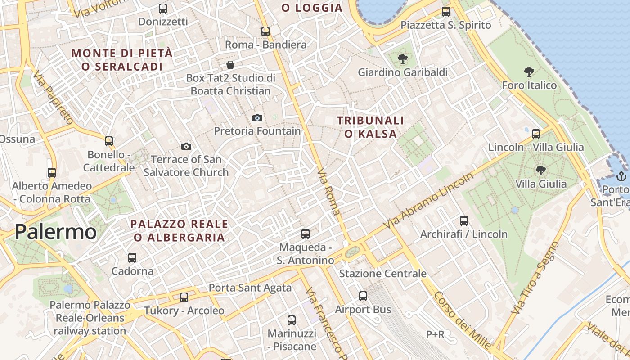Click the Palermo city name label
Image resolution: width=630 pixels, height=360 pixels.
[55, 232]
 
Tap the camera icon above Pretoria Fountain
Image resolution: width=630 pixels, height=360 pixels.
[257, 118]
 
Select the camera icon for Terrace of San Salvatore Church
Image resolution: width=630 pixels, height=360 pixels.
[186, 146]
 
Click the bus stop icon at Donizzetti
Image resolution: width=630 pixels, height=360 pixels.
[163, 8]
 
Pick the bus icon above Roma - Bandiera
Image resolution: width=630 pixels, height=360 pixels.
[265, 31]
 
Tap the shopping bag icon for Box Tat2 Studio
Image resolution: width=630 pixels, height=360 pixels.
[230, 65]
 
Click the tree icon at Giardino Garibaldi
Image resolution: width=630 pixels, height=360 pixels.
[403, 58]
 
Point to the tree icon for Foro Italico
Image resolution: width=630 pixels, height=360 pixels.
[529, 72]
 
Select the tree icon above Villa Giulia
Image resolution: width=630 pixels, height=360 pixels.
[540, 170]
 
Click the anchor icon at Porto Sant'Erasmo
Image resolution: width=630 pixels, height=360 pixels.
[621, 176]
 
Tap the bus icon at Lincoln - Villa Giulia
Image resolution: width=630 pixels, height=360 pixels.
[536, 134]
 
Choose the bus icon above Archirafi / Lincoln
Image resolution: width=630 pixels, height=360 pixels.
[464, 220]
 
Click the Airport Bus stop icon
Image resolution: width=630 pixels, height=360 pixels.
[363, 296]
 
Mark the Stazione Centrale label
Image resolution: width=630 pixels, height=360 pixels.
[382, 274]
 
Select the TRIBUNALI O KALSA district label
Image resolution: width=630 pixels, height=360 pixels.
[371, 127]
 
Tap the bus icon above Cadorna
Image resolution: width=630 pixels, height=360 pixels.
[132, 257]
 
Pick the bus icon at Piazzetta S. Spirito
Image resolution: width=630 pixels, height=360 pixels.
[446, 11]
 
